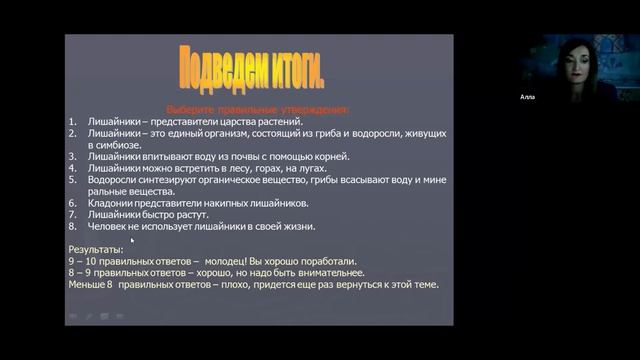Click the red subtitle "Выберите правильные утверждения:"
tap(257, 110)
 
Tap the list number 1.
tap(72, 121)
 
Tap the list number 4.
tap(72, 168)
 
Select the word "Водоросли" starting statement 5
tap(114, 180)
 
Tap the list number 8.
tap(72, 226)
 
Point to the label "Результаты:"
tap(96, 249)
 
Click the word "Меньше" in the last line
tap(88, 284)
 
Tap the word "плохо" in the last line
tap(246, 284)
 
